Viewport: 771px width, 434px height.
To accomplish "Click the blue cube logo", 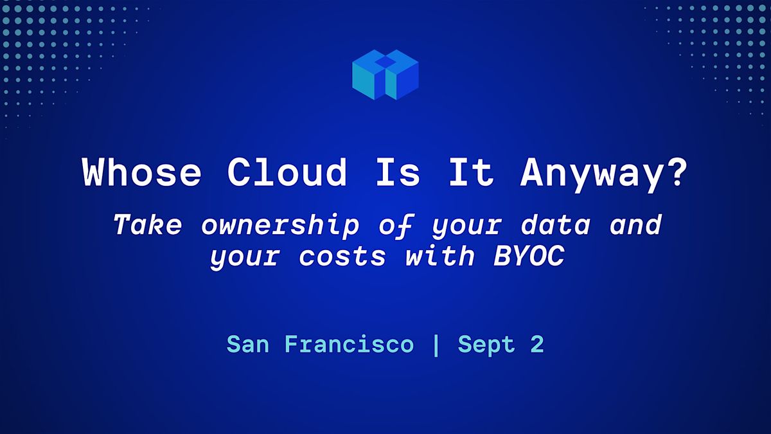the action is [385, 75].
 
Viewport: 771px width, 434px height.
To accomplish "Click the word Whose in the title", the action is [141, 172].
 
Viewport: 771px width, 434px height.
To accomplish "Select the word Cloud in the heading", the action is [287, 172].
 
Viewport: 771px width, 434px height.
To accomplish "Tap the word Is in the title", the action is [398, 172].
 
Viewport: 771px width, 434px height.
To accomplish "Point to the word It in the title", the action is [472, 172].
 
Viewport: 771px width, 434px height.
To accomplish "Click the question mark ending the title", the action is [676, 172].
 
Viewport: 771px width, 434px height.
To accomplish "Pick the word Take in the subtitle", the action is [148, 224].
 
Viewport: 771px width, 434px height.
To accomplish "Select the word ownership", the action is [281, 226].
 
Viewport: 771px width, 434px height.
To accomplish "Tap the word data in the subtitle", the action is [556, 224].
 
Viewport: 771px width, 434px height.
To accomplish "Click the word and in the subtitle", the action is [635, 224].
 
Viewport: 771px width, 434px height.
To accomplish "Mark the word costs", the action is [342, 257].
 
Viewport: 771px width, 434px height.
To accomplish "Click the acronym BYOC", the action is [529, 256].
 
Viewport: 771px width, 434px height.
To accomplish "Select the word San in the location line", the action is [248, 344].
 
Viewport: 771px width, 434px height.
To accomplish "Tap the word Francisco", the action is [350, 344].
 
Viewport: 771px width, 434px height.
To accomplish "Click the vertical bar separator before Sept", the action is [436, 345].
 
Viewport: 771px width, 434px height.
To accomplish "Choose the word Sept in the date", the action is [486, 345].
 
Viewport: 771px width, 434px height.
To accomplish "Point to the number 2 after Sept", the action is [537, 344].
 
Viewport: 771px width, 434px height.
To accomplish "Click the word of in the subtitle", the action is [396, 226].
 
